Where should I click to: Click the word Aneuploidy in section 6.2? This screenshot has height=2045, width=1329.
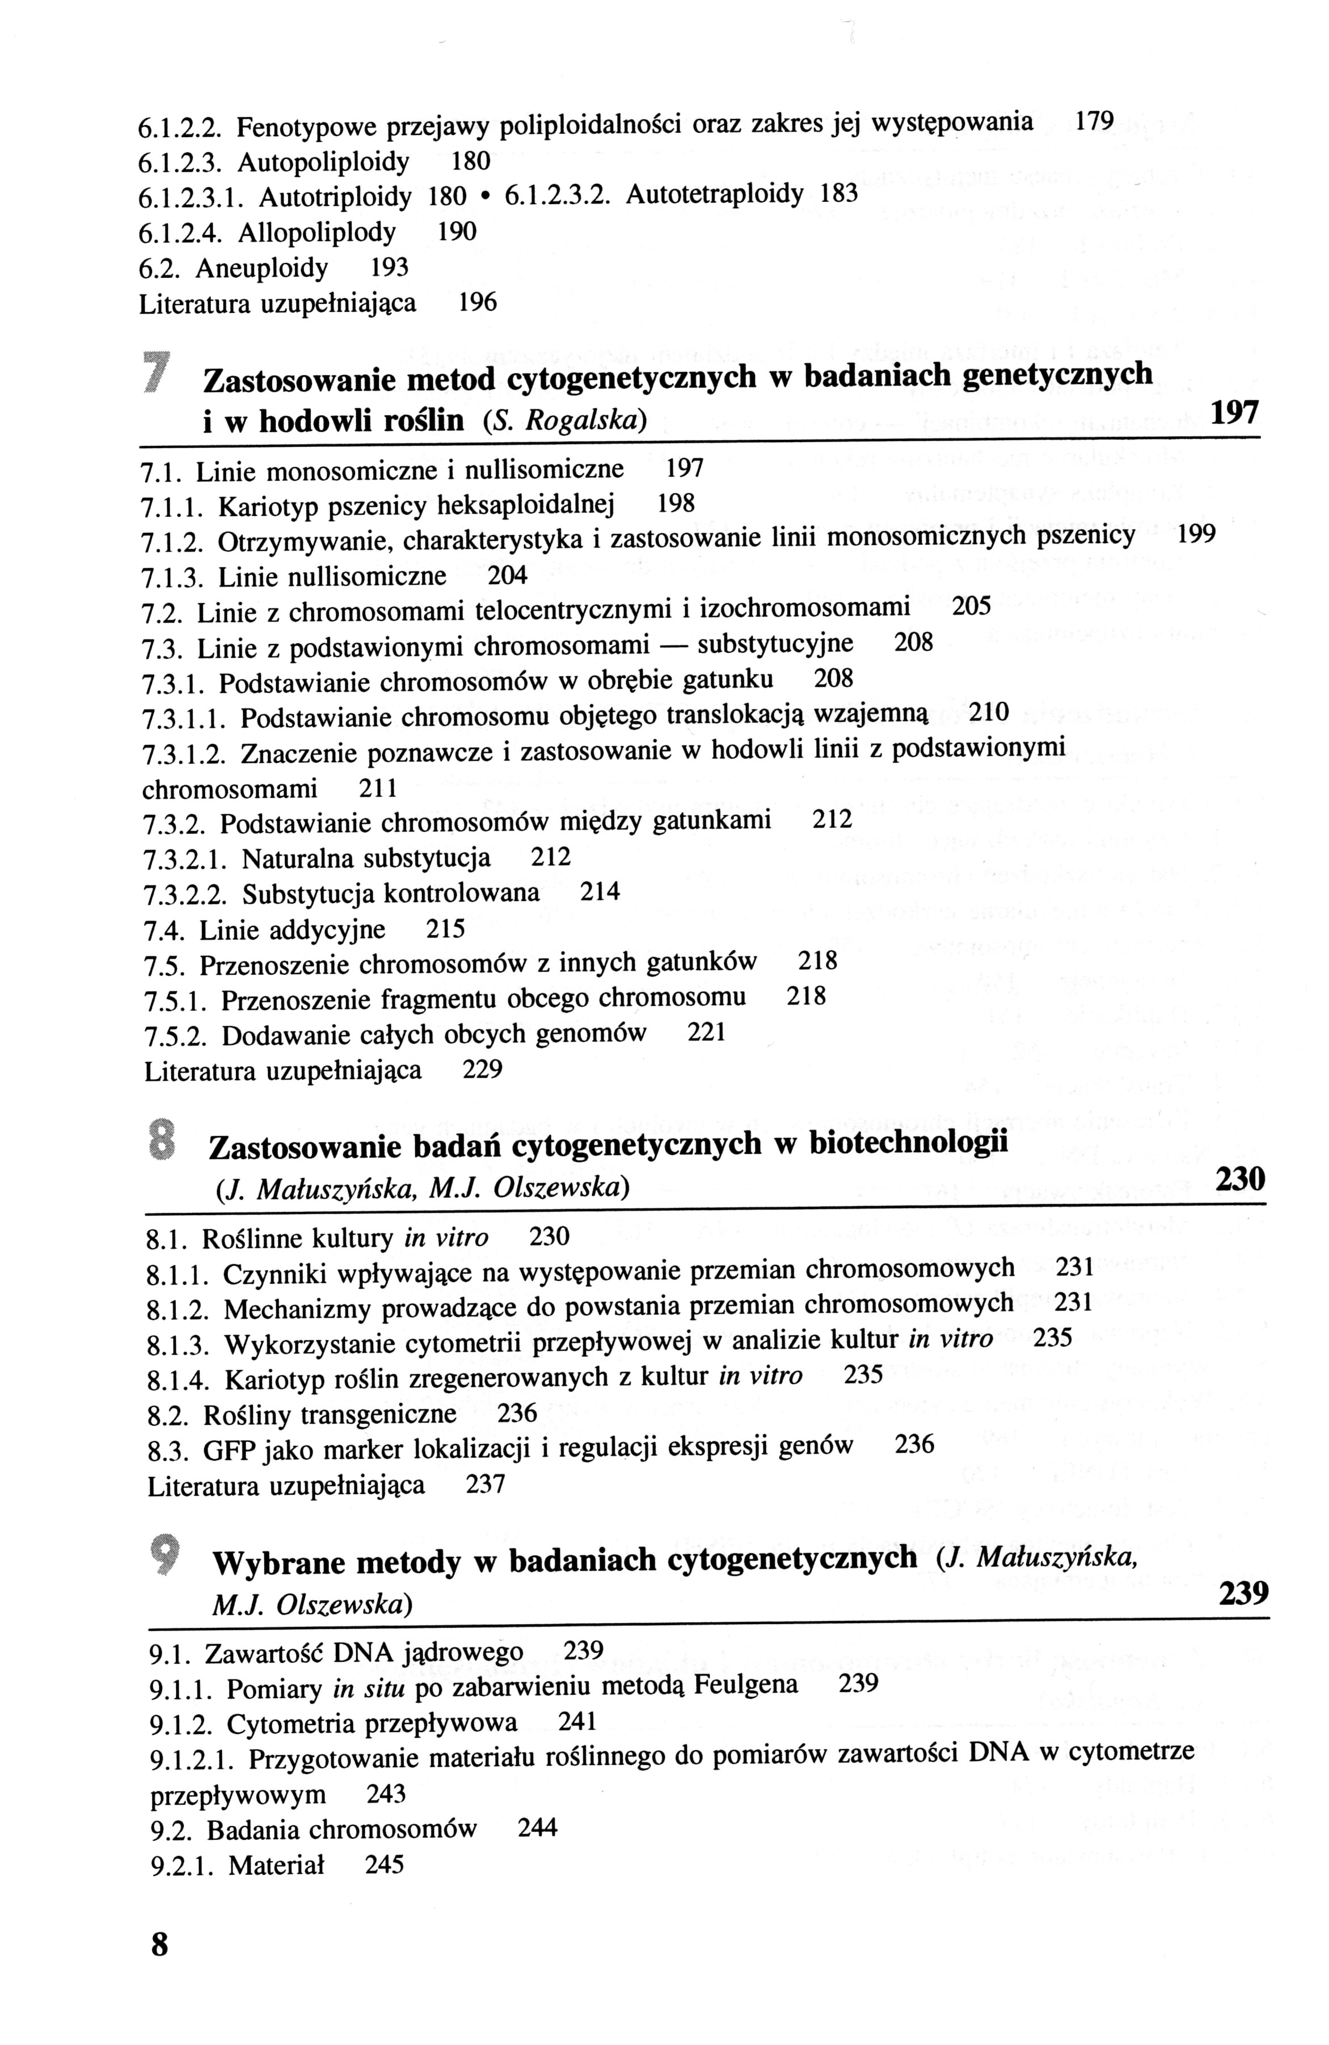click(x=261, y=269)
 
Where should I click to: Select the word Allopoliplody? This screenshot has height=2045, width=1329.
click(x=317, y=232)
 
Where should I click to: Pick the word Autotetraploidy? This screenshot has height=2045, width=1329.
click(x=714, y=194)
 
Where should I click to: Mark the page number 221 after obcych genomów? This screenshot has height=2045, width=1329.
click(x=707, y=1033)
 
